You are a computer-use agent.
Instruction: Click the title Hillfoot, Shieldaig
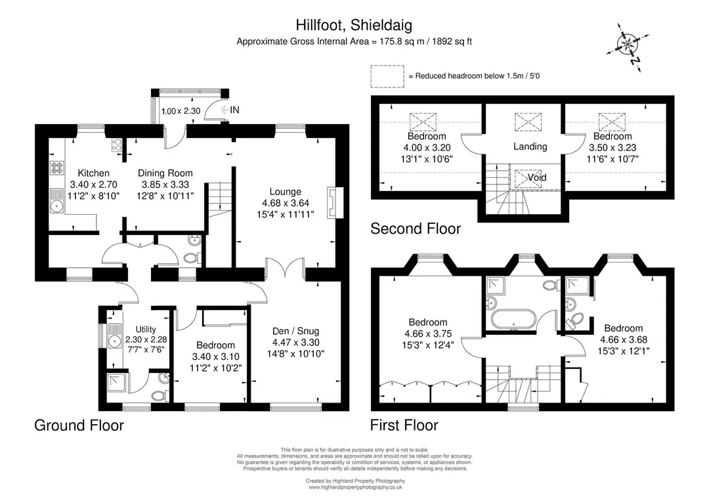click(354, 24)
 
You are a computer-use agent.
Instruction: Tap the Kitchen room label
click(94, 173)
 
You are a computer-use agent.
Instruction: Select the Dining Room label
click(165, 173)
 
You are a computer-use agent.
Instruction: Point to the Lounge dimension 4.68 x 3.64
click(286, 203)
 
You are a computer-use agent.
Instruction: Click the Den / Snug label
click(295, 331)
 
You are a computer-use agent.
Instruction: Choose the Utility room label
click(146, 330)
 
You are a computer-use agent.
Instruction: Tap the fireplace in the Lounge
click(335, 203)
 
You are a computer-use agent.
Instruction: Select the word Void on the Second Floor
click(537, 178)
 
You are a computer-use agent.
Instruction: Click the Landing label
click(530, 146)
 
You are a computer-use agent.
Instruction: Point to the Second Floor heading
click(416, 229)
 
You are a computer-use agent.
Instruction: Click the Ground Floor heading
click(79, 425)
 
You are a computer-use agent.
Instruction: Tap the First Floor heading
click(404, 425)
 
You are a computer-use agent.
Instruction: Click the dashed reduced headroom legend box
click(387, 76)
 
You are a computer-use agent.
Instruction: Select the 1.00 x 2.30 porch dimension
click(181, 111)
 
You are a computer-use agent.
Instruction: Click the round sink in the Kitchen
click(56, 206)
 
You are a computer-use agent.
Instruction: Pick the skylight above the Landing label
click(528, 122)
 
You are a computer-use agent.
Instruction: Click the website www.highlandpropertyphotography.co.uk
click(355, 487)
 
